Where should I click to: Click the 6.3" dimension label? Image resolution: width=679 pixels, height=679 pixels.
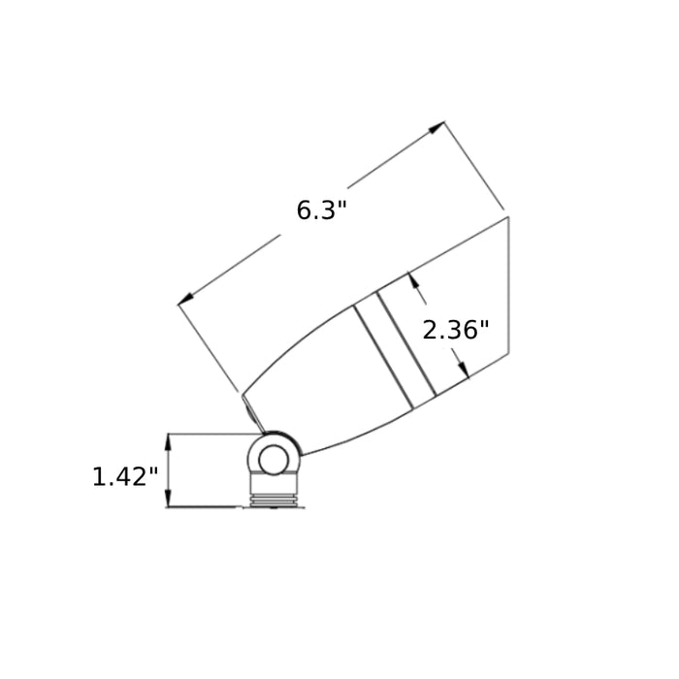pos(322,210)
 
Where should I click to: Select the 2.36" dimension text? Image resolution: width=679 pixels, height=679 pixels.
pos(455,330)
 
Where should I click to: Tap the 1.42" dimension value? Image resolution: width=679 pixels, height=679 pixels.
pos(125,477)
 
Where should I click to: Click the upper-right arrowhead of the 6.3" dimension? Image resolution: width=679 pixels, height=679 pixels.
pos(436,127)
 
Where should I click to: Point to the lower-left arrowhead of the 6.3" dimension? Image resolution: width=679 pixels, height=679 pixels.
pos(186,299)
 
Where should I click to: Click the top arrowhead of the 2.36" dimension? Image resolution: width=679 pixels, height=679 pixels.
pos(414,279)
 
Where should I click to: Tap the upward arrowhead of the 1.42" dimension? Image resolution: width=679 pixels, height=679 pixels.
pos(169,442)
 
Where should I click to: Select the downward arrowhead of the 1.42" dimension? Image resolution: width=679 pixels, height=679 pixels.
pos(169,498)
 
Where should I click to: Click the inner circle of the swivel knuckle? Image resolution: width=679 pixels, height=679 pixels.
pos(273,460)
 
